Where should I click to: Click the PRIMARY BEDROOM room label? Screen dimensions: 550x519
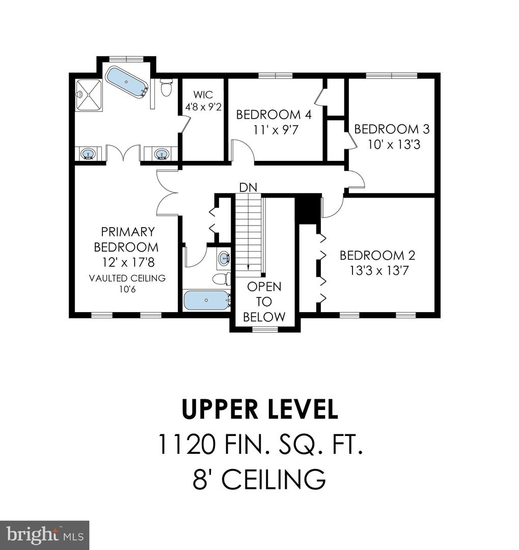pyautogui.click(x=128, y=239)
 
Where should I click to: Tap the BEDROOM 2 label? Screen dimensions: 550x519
pyautogui.click(x=377, y=255)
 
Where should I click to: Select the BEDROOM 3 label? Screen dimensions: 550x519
pyautogui.click(x=392, y=129)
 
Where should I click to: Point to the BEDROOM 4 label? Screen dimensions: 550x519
pyautogui.click(x=274, y=114)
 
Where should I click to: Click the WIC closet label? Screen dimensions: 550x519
pyautogui.click(x=203, y=95)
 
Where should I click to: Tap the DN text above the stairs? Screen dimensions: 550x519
pyautogui.click(x=248, y=187)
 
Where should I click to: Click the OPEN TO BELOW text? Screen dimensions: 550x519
pyautogui.click(x=264, y=301)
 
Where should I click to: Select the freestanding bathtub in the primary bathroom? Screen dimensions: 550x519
pyautogui.click(x=126, y=82)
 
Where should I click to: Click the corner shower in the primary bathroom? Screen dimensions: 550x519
pyautogui.click(x=89, y=95)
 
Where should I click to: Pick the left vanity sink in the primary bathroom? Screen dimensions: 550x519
pyautogui.click(x=89, y=153)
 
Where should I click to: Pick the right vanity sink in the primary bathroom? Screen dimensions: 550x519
pyautogui.click(x=161, y=153)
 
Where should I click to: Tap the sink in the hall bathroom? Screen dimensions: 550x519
pyautogui.click(x=224, y=259)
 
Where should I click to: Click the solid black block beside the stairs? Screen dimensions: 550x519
pyautogui.click(x=308, y=209)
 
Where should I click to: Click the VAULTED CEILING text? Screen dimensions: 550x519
pyautogui.click(x=127, y=278)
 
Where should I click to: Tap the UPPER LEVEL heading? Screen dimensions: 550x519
pyautogui.click(x=260, y=409)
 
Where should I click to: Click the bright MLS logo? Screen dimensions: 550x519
pyautogui.click(x=44, y=535)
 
